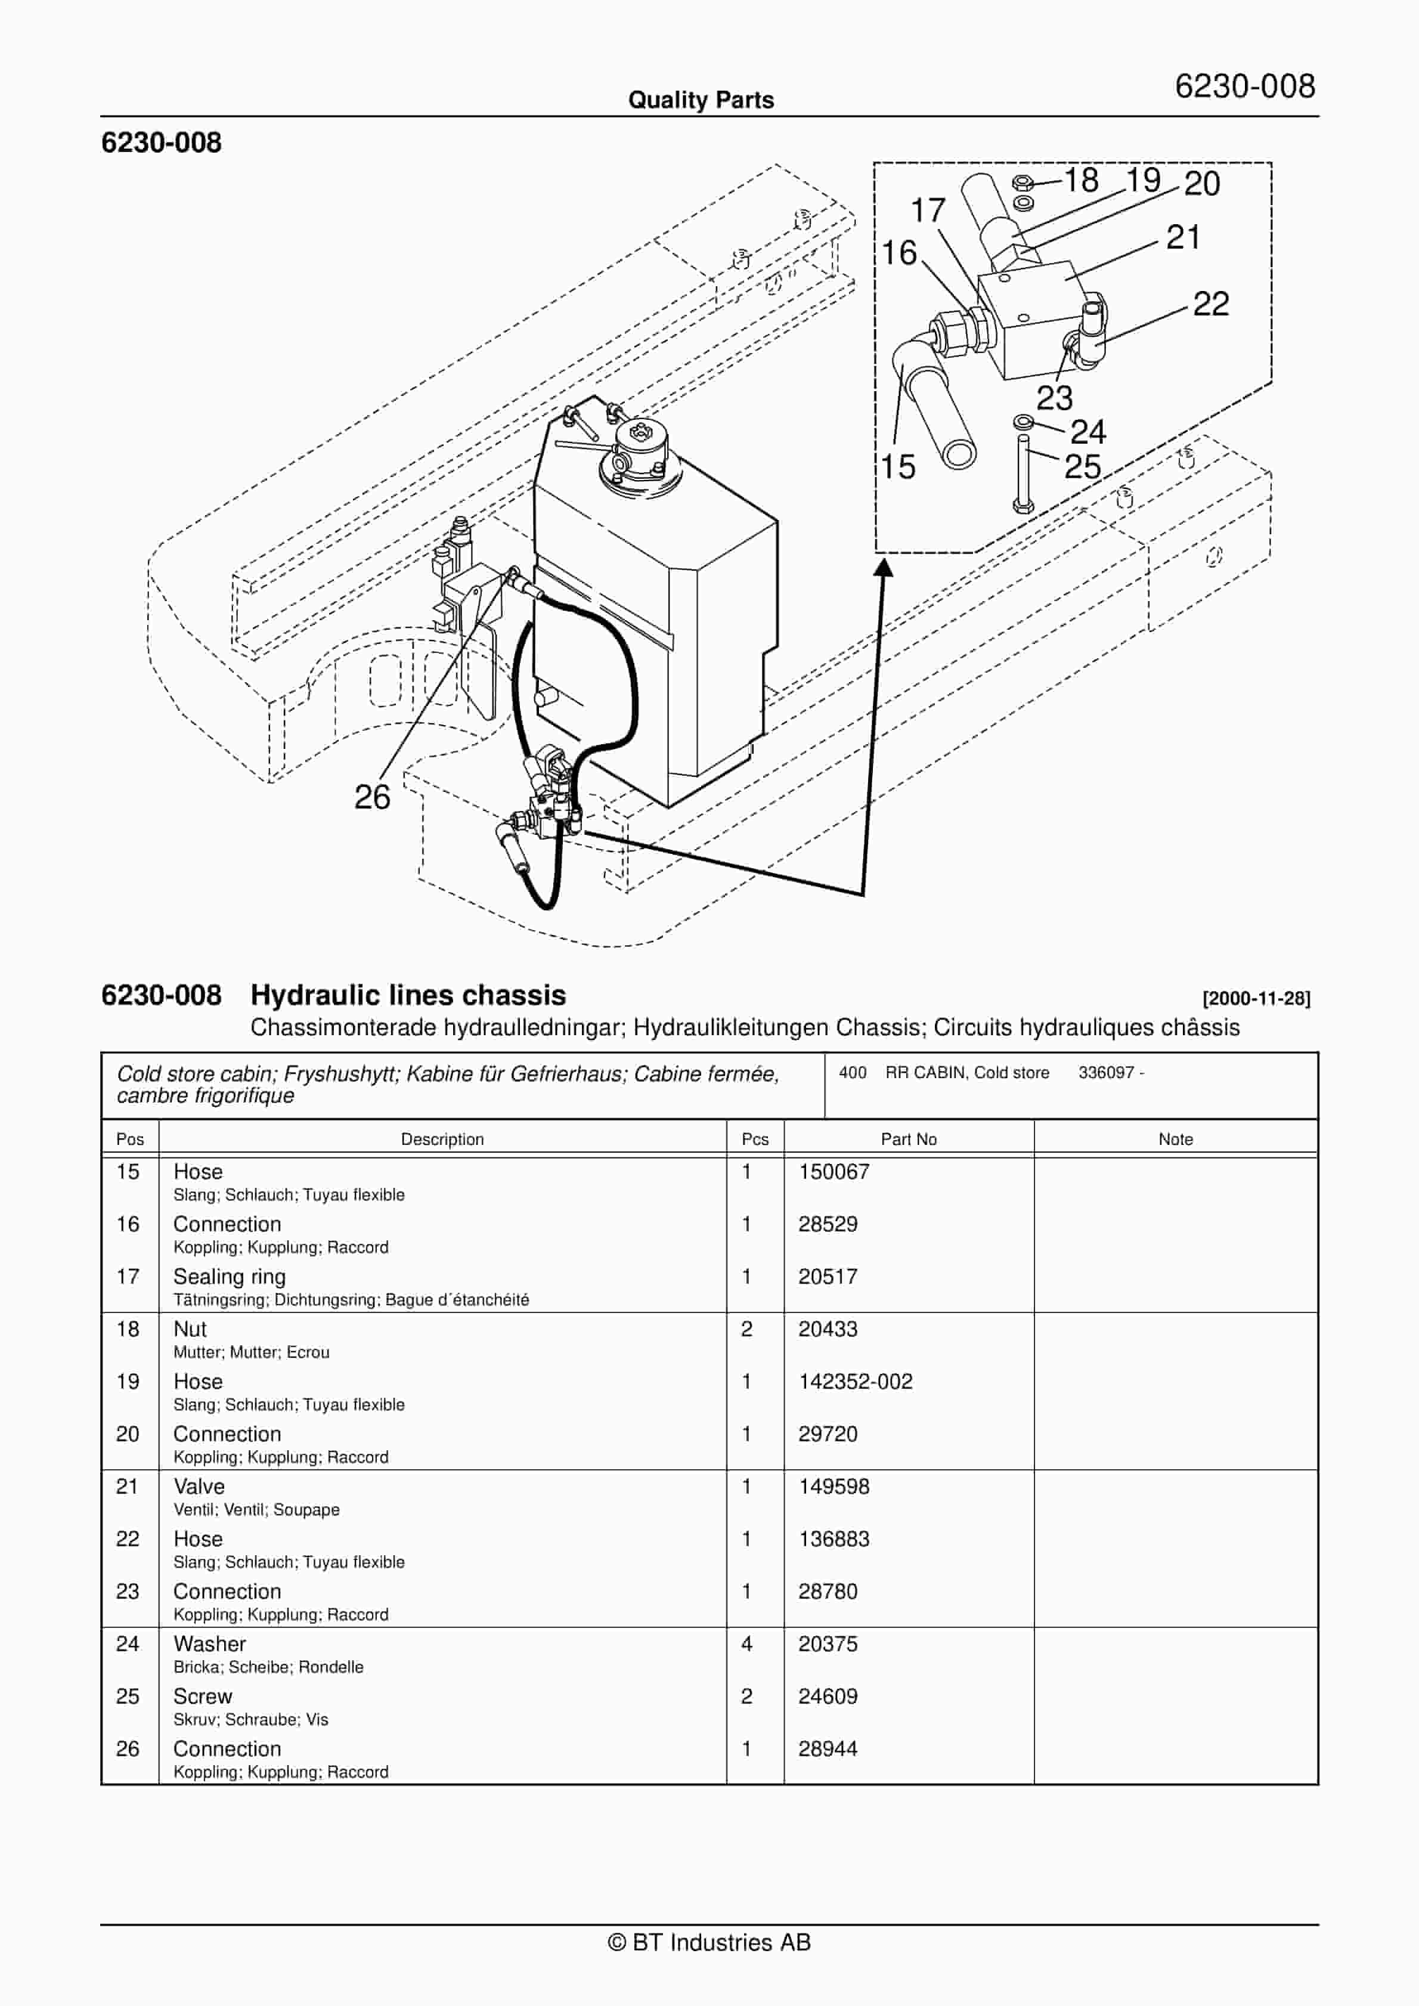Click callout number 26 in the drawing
click(x=371, y=797)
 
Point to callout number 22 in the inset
click(x=1210, y=304)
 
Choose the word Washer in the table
click(x=210, y=1643)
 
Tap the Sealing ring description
click(x=229, y=1277)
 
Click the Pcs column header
click(x=755, y=1140)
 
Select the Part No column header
click(x=908, y=1140)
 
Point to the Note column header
click(x=1175, y=1140)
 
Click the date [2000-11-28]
click(x=1256, y=999)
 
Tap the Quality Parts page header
click(x=701, y=100)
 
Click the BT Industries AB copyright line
click(x=709, y=1942)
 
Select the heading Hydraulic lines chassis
click(x=408, y=995)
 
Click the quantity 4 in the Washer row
click(x=746, y=1643)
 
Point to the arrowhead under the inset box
click(x=884, y=569)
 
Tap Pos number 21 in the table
click(x=128, y=1486)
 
